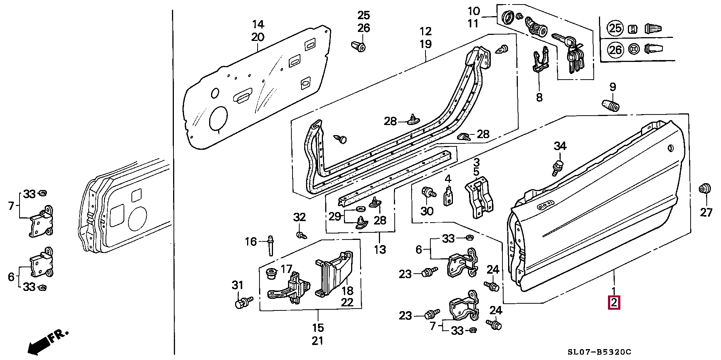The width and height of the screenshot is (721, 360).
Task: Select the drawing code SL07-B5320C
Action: pyautogui.click(x=599, y=352)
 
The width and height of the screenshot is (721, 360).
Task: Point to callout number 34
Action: pyautogui.click(x=560, y=146)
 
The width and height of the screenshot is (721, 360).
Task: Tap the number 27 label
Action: pyautogui.click(x=706, y=212)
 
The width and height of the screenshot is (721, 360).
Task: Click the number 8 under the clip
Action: pyautogui.click(x=539, y=97)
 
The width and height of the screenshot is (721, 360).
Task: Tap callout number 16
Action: pyautogui.click(x=251, y=241)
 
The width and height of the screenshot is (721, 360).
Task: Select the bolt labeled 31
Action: pyautogui.click(x=243, y=302)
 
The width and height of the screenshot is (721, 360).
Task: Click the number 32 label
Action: pyautogui.click(x=299, y=217)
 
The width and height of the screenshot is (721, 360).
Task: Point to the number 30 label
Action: pyautogui.click(x=427, y=211)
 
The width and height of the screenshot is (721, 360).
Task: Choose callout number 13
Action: pyautogui.click(x=380, y=249)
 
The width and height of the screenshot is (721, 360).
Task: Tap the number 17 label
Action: pyautogui.click(x=286, y=269)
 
